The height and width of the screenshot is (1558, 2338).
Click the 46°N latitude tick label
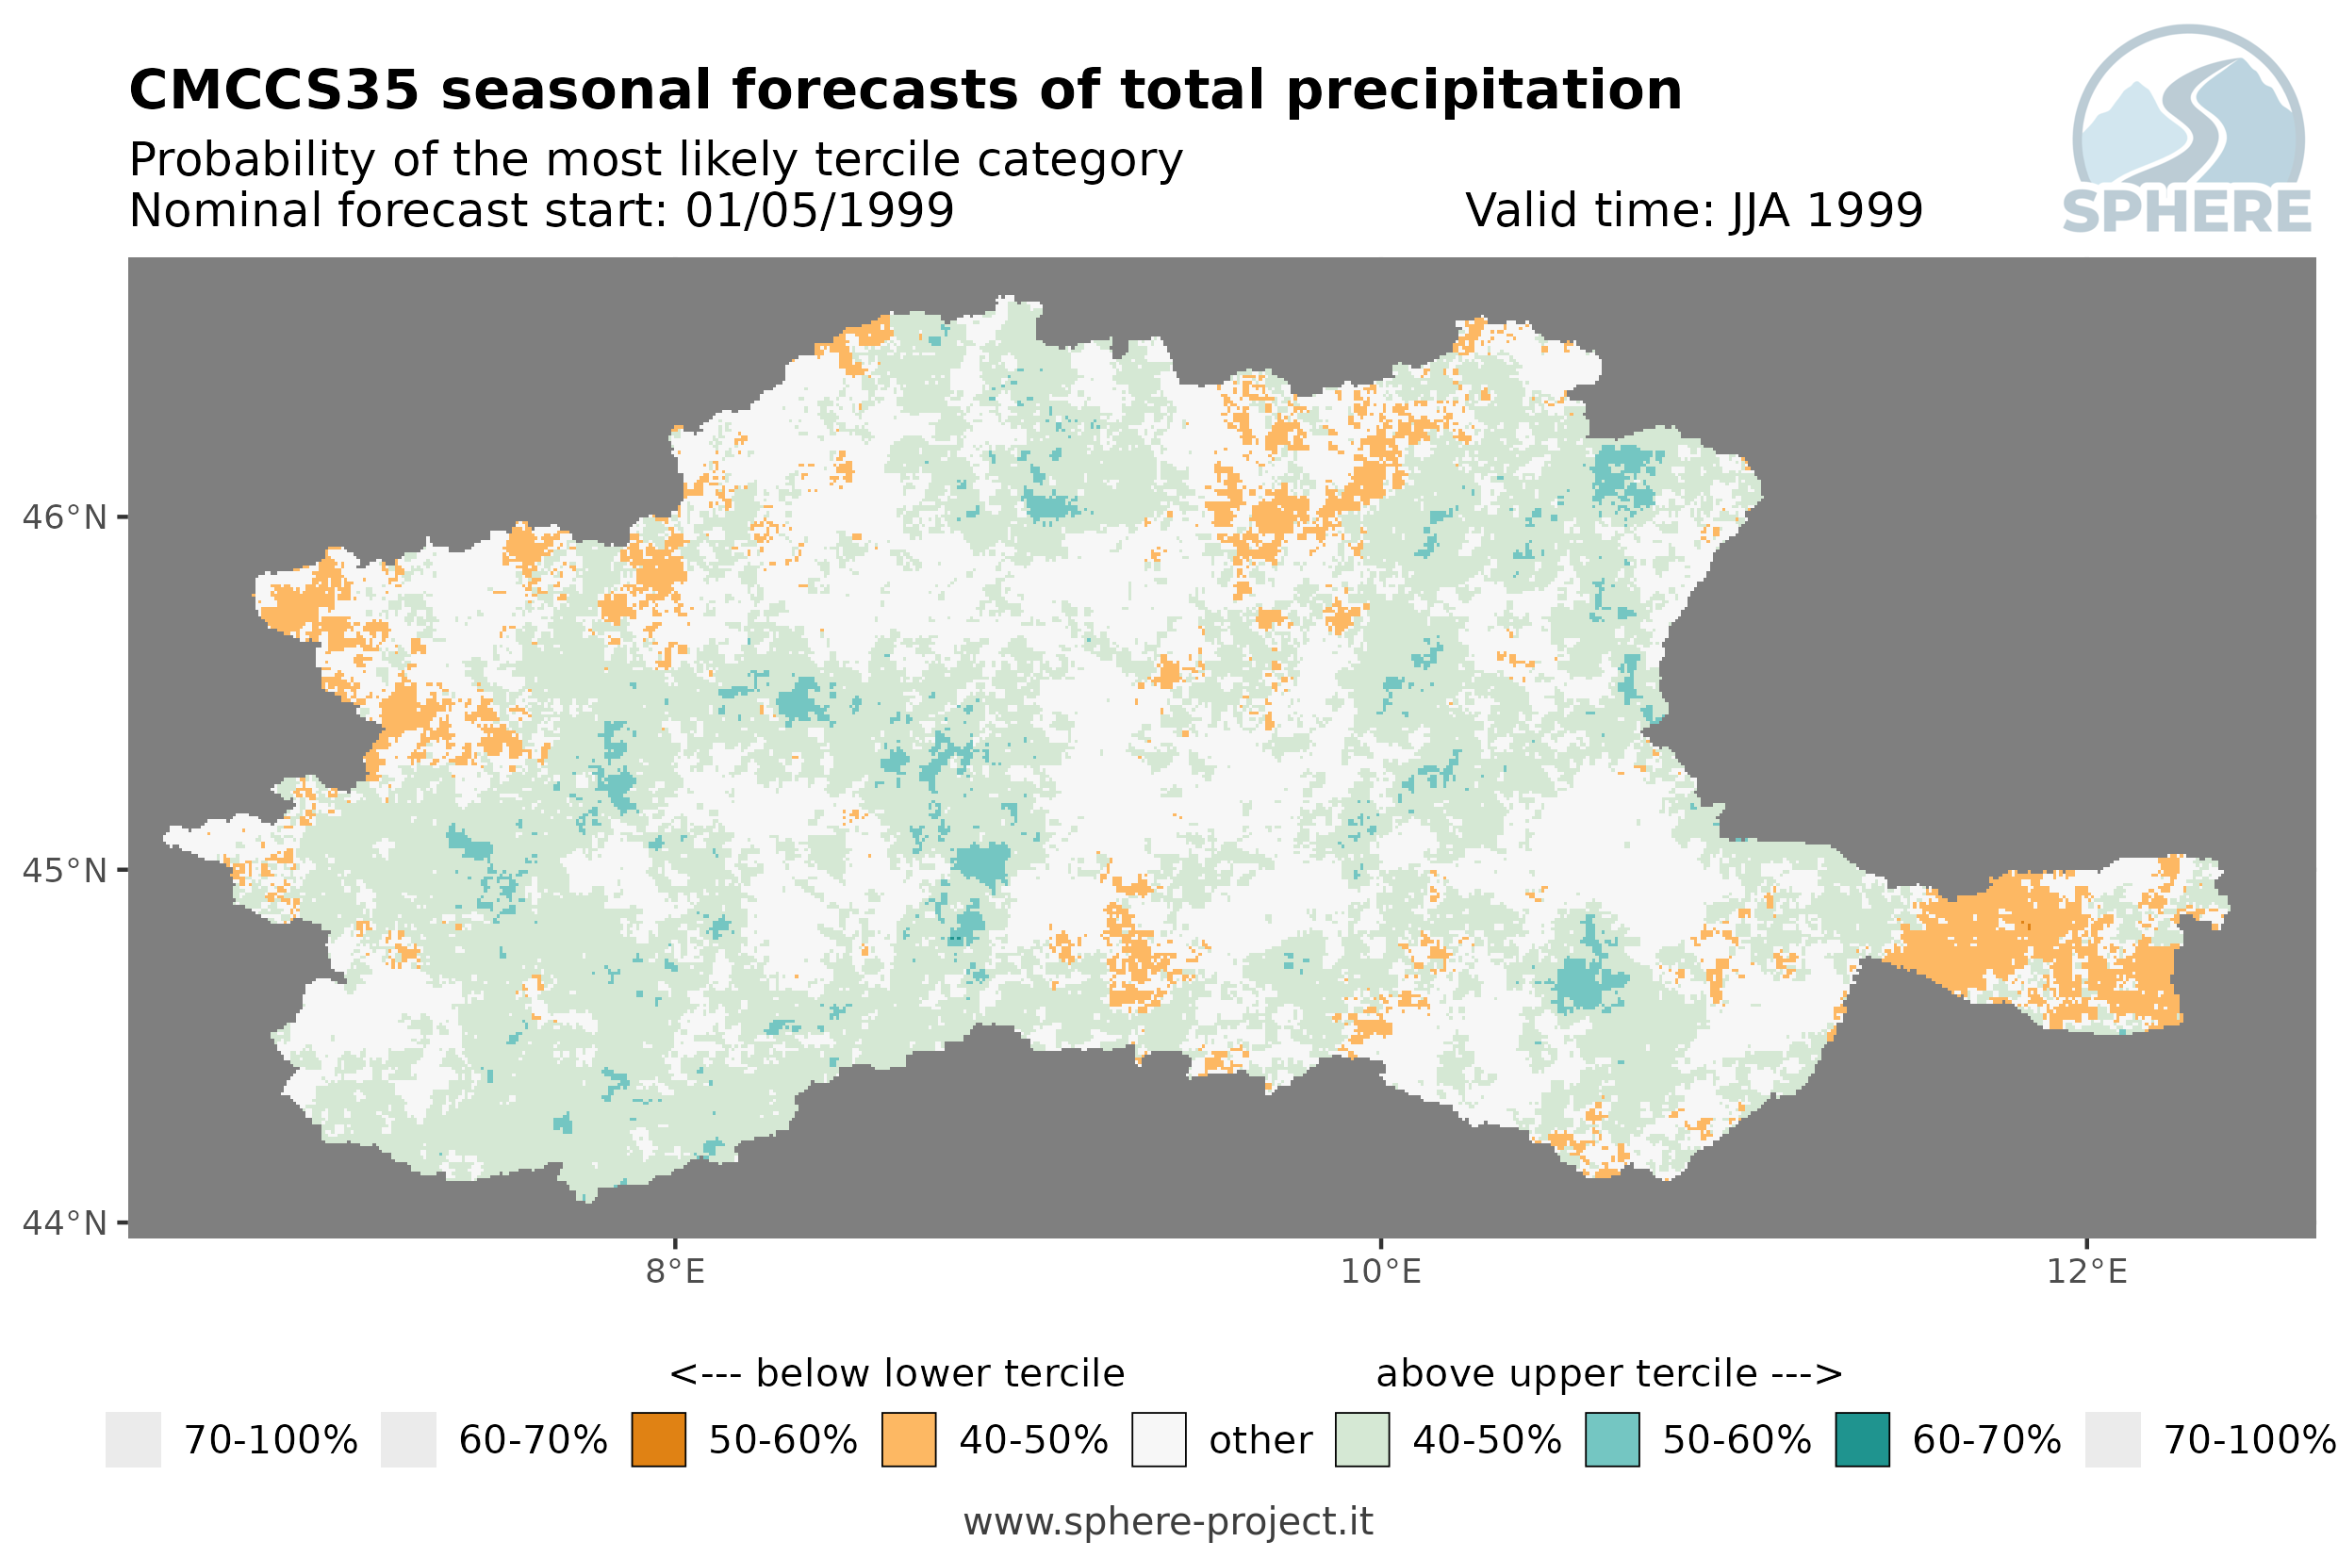click(x=63, y=517)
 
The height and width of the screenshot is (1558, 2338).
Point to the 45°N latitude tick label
click(x=63, y=870)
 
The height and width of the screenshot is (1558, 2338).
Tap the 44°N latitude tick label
click(x=63, y=1223)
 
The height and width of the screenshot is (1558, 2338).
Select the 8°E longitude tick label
click(x=676, y=1271)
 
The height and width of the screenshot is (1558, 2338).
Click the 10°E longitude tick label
click(x=1381, y=1271)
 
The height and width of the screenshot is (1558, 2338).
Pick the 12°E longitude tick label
click(x=2086, y=1271)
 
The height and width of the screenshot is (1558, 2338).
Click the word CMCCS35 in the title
click(x=274, y=90)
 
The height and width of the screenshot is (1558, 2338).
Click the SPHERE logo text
click(x=2187, y=212)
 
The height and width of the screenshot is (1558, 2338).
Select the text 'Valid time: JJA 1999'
click(x=1694, y=210)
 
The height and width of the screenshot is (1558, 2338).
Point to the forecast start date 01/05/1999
click(x=820, y=210)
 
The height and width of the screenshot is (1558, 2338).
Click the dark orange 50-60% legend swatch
click(x=659, y=1440)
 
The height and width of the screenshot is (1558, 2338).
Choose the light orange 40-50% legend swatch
click(x=909, y=1440)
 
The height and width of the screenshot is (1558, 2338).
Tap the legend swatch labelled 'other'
click(x=1159, y=1440)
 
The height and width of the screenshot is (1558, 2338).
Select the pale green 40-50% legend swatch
click(x=1362, y=1440)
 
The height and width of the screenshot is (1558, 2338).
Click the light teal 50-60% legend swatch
click(x=1613, y=1440)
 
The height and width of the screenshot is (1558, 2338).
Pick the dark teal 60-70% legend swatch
click(x=1863, y=1440)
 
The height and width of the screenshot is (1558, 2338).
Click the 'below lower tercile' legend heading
click(x=897, y=1373)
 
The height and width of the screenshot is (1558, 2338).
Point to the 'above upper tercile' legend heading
click(x=1609, y=1373)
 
